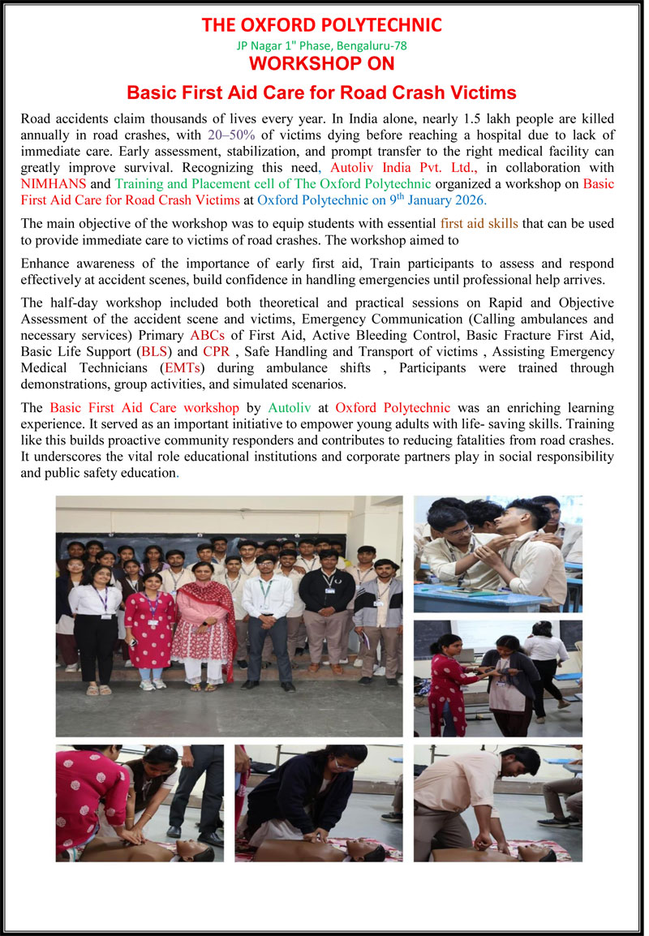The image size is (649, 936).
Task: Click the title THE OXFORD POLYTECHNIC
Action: (322, 25)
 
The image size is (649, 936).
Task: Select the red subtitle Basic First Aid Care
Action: (322, 92)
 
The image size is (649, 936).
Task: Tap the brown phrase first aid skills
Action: (479, 223)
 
